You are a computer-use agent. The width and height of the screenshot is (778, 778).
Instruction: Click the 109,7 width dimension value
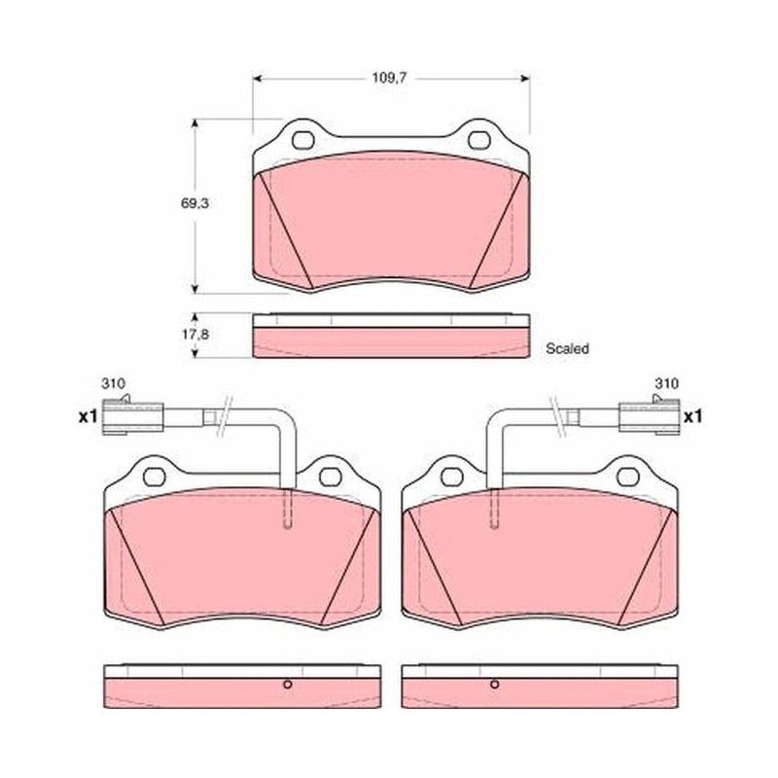390,78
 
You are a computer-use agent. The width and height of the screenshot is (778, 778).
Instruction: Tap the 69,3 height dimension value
194,203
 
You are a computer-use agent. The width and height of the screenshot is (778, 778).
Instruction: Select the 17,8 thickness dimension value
194,335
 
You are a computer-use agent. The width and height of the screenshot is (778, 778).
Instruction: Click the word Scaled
567,348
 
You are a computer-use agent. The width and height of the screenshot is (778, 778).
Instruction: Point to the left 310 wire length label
113,383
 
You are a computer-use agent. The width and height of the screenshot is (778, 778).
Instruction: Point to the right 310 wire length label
666,383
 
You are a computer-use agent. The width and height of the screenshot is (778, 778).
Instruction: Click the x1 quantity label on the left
88,417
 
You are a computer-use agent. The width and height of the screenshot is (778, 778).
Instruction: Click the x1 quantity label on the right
692,416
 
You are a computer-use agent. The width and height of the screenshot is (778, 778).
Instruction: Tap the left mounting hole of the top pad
303,140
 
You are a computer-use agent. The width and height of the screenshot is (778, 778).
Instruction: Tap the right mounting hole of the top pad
479,140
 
